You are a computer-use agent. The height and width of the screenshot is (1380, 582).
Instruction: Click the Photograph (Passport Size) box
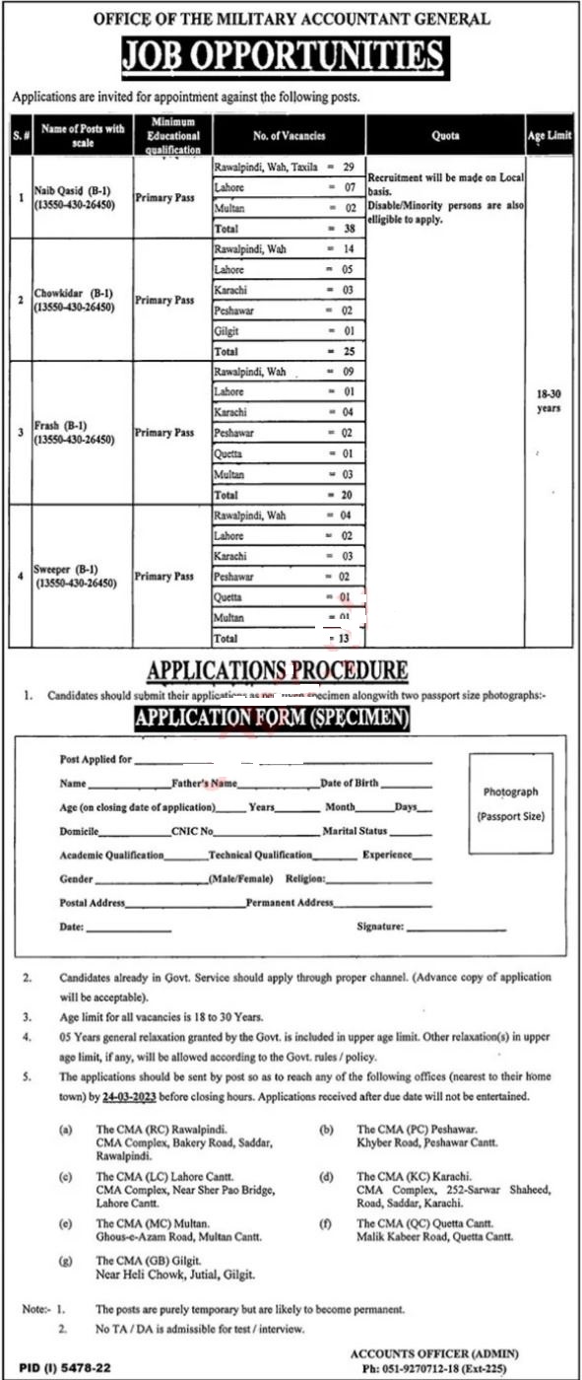point(510,804)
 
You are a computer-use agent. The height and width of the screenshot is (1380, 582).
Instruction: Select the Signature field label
point(380,927)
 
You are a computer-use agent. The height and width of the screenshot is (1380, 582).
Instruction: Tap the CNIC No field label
point(193,831)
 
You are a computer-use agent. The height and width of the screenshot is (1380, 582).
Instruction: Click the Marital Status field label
point(358,831)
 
